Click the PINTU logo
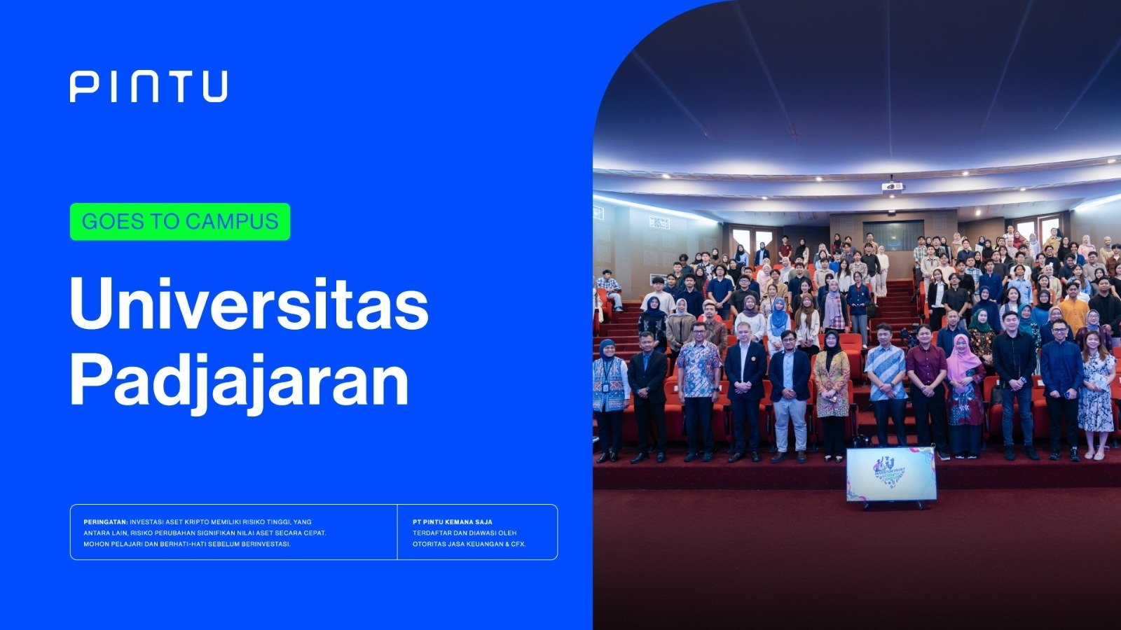[x=149, y=87]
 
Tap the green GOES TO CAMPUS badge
[x=180, y=221]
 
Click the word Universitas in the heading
[x=249, y=303]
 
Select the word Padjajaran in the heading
[x=239, y=381]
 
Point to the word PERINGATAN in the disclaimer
[x=106, y=522]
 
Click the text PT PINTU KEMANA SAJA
[x=453, y=522]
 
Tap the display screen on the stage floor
[x=890, y=475]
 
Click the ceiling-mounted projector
[x=893, y=185]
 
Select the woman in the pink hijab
[x=964, y=395]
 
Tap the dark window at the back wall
[x=893, y=235]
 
